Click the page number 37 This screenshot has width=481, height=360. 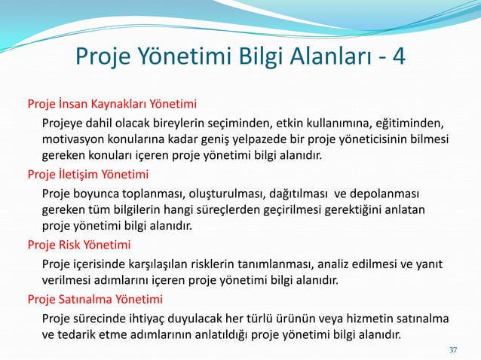coord(453,350)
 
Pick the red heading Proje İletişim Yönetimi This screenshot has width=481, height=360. coord(88,175)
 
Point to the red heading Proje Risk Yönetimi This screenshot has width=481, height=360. coord(79,245)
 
